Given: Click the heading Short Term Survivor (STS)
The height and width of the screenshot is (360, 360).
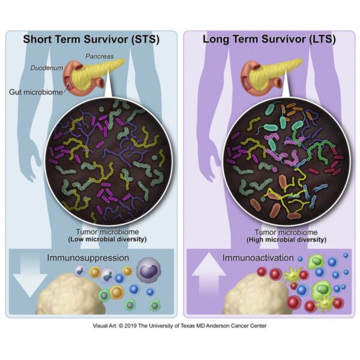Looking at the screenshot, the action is coord(91,39).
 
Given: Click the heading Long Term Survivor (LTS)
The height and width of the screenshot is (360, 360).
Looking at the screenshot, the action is coord(269,39).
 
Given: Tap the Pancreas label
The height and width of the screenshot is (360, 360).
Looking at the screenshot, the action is coord(100,56).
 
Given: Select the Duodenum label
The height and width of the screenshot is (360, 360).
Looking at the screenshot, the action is coord(47,68).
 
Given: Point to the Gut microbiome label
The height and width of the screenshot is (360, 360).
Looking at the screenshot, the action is coord(36,92).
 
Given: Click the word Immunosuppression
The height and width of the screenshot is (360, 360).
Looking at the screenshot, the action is coord(88,257).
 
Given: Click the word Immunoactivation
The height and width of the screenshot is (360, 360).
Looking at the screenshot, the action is coord(258,257).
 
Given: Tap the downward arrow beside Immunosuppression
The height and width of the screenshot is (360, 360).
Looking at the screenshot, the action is coord(30,274).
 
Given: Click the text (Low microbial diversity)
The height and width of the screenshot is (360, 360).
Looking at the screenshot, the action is coord(107,239).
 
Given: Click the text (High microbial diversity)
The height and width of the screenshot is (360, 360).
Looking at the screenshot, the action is coord(286,239).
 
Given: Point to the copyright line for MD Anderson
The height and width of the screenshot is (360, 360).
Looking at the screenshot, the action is coord(180,326).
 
